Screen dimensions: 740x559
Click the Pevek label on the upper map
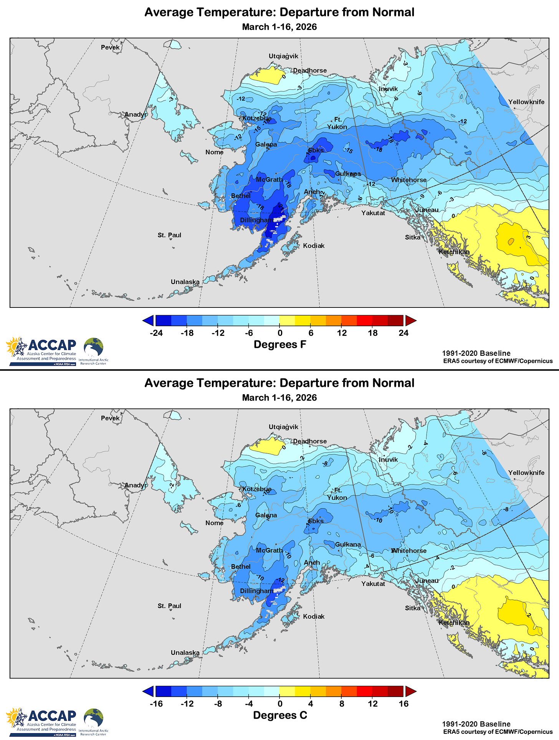(x=110, y=47)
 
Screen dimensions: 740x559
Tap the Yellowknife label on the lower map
(x=526, y=472)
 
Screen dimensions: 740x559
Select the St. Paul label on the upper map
(x=169, y=235)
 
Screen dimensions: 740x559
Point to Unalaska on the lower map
(x=185, y=652)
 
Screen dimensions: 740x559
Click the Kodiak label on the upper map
(x=314, y=246)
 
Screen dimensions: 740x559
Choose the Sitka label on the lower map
(x=413, y=608)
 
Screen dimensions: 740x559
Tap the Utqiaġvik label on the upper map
(x=283, y=56)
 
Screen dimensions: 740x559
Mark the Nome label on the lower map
(x=214, y=523)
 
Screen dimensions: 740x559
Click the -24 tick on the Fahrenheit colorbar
(x=156, y=333)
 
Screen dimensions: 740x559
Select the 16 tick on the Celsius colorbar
(x=404, y=704)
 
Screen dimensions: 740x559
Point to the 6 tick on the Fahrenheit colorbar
(x=311, y=333)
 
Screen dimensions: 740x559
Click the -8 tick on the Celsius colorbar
(x=218, y=704)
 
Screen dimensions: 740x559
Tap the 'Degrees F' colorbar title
(x=280, y=344)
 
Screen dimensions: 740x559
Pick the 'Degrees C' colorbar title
(x=280, y=715)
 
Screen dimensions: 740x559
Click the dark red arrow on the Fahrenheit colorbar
(x=410, y=320)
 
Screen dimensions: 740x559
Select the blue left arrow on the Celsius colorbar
(x=148, y=691)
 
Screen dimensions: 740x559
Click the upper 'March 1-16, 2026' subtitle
(x=279, y=27)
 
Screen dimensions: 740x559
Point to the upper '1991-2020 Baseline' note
(x=476, y=353)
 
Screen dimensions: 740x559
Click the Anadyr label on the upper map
(x=136, y=114)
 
